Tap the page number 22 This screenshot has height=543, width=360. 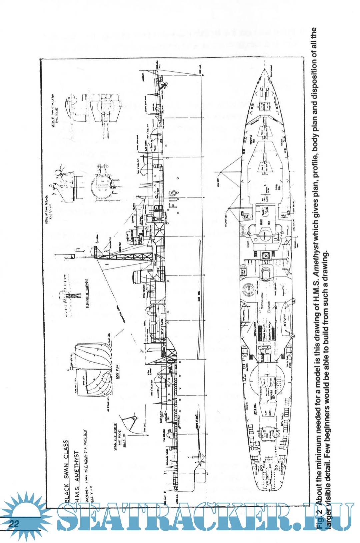[x=14, y=524]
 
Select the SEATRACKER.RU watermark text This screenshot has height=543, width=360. [x=203, y=517]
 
